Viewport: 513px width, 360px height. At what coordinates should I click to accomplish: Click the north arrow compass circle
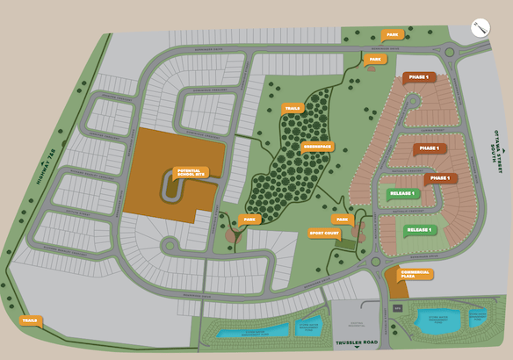(480, 27)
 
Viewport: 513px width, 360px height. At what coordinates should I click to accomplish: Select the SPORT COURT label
(324, 234)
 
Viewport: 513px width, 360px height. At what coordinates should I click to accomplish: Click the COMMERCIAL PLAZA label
(415, 273)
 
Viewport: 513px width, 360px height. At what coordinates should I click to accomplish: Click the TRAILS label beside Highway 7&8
(31, 321)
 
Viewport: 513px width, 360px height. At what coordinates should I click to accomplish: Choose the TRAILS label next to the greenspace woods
(292, 109)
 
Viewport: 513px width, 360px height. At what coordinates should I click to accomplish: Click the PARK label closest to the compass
(392, 35)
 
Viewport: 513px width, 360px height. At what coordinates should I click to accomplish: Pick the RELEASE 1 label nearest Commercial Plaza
(420, 230)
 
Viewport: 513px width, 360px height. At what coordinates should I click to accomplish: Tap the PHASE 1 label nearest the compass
(418, 77)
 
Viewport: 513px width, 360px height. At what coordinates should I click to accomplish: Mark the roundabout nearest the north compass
(449, 54)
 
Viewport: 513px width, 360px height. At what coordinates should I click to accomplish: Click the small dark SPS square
(398, 308)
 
